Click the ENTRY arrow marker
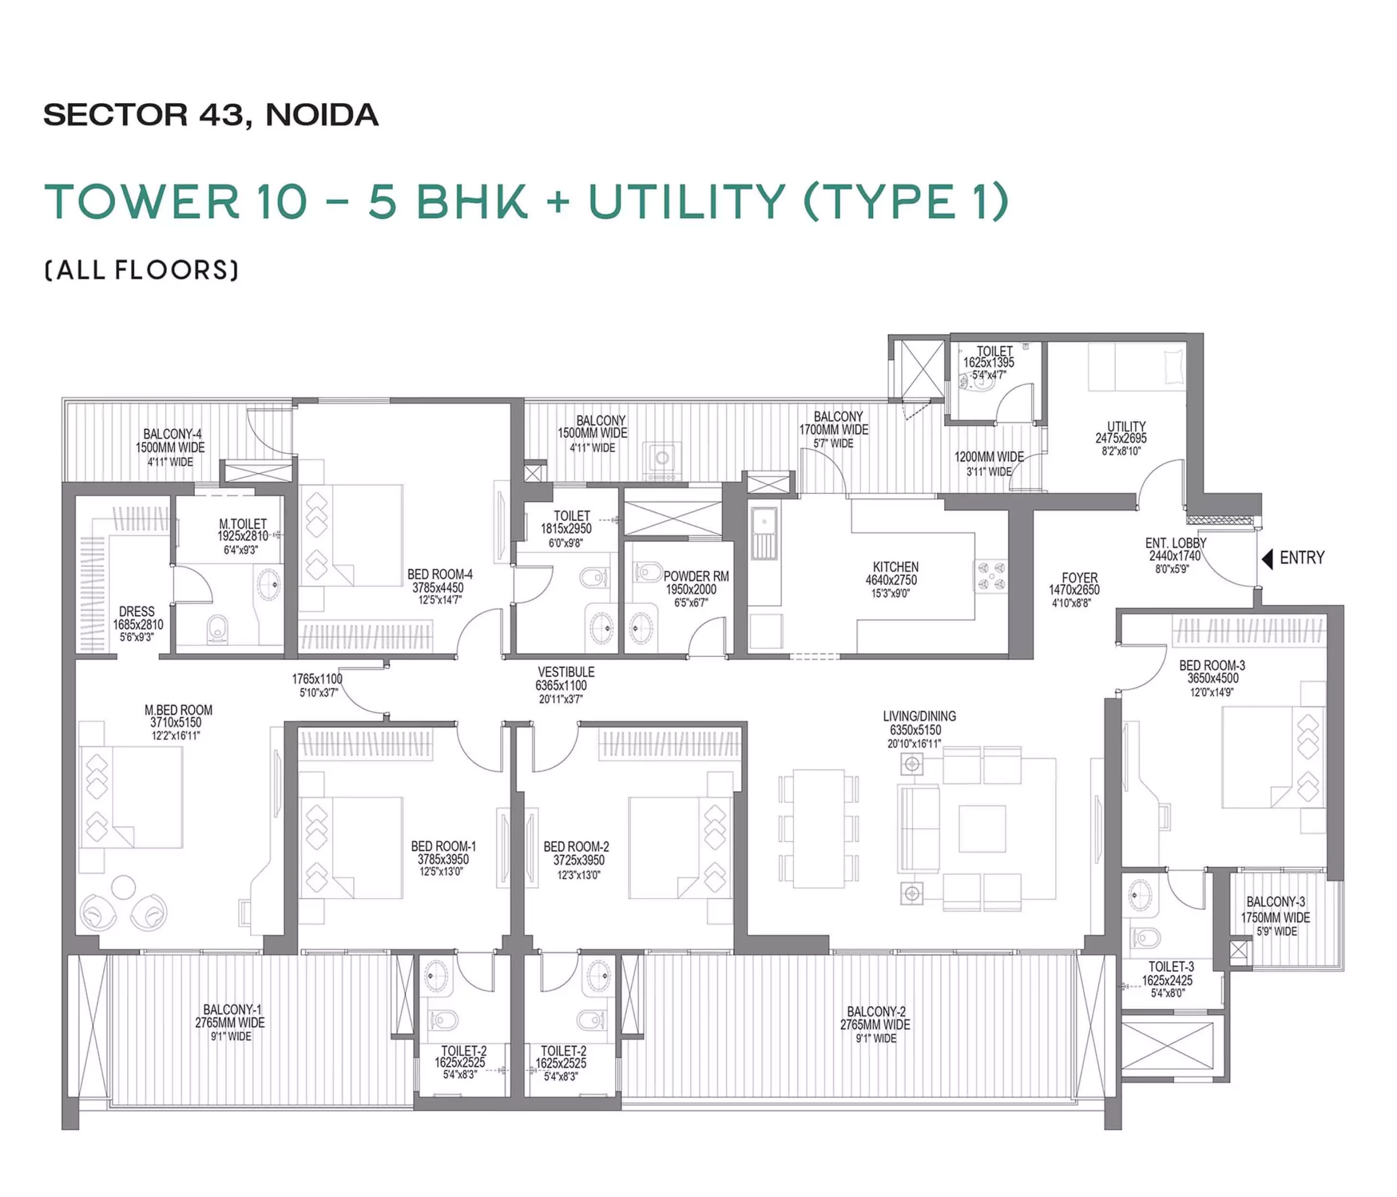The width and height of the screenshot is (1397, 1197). (1267, 558)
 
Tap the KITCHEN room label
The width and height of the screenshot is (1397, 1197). (895, 567)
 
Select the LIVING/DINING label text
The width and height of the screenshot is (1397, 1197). (919, 716)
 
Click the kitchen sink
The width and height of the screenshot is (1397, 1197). (765, 529)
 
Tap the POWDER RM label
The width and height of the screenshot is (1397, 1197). (696, 576)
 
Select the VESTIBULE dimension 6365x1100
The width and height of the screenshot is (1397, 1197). (561, 686)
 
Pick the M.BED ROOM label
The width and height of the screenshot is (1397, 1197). (178, 710)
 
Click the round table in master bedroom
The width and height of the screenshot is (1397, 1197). (123, 887)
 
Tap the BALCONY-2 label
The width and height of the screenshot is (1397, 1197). (876, 1011)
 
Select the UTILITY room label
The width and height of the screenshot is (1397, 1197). (1126, 426)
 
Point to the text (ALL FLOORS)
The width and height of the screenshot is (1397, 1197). (141, 270)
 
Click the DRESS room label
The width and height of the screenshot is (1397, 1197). (137, 612)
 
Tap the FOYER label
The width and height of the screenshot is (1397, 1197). (1079, 578)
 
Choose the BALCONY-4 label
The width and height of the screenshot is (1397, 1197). (172, 434)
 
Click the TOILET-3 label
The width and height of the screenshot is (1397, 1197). (1171, 966)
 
